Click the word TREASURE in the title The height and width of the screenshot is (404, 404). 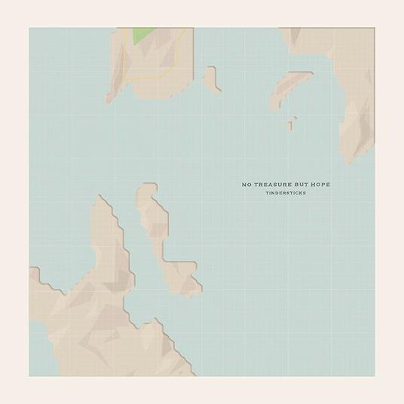(276, 184)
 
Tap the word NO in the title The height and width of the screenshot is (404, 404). (246, 184)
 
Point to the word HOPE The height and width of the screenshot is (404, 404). (339, 184)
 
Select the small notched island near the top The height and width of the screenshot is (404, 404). (212, 79)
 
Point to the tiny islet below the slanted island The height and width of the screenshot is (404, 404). (292, 124)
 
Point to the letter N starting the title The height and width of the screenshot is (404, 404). (243, 184)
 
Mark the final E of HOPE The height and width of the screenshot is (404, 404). (349, 184)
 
